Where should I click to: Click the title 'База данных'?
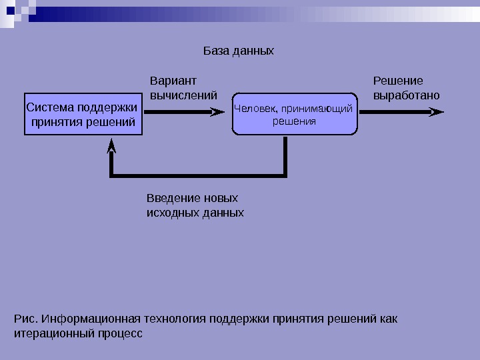pos(238,51)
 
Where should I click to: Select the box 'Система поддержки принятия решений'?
pos(83,114)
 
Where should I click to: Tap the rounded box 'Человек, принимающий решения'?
pos(294,115)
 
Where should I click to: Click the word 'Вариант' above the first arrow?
pos(173,81)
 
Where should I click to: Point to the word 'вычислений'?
pos(183,95)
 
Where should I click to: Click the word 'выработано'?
pos(406,95)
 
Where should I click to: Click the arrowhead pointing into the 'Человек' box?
pos(217,113)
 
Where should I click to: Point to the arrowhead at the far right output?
pos(436,113)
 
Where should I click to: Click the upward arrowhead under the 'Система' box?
pos(112,145)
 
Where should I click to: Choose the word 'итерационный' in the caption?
pos(50,332)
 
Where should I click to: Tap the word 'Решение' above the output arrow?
pos(398,81)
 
